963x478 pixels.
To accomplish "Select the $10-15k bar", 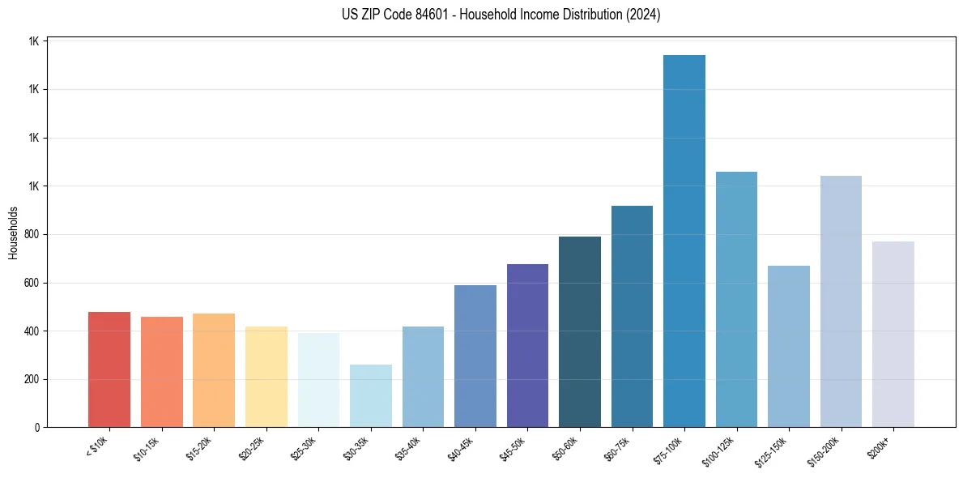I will point(161,372).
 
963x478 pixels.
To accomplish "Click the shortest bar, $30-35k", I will point(370,396).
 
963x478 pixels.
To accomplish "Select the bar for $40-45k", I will point(475,356).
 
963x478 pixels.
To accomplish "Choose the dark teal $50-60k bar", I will point(580,332).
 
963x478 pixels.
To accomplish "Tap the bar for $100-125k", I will point(736,300).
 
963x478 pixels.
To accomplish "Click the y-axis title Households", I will point(13,233).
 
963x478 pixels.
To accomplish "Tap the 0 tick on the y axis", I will point(38,428).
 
